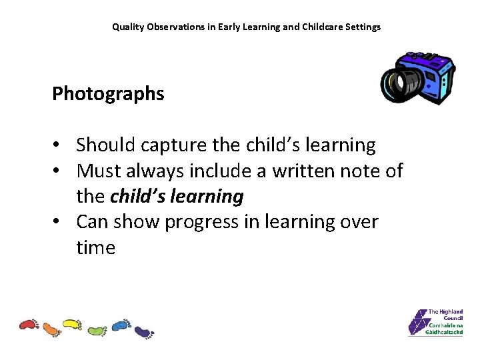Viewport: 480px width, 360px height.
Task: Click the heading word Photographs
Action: pyautogui.click(x=108, y=94)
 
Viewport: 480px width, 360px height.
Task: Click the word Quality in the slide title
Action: pyautogui.click(x=127, y=27)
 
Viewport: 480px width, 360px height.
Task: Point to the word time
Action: pyautogui.click(x=95, y=248)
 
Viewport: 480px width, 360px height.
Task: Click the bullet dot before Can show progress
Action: pyautogui.click(x=58, y=222)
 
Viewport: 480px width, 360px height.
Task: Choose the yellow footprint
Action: pyautogui.click(x=71, y=325)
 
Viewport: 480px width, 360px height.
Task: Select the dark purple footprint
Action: pyautogui.click(x=143, y=331)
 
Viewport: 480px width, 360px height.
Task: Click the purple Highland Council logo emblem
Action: pyautogui.click(x=417, y=322)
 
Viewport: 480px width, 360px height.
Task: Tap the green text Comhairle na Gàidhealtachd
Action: pyautogui.click(x=445, y=329)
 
